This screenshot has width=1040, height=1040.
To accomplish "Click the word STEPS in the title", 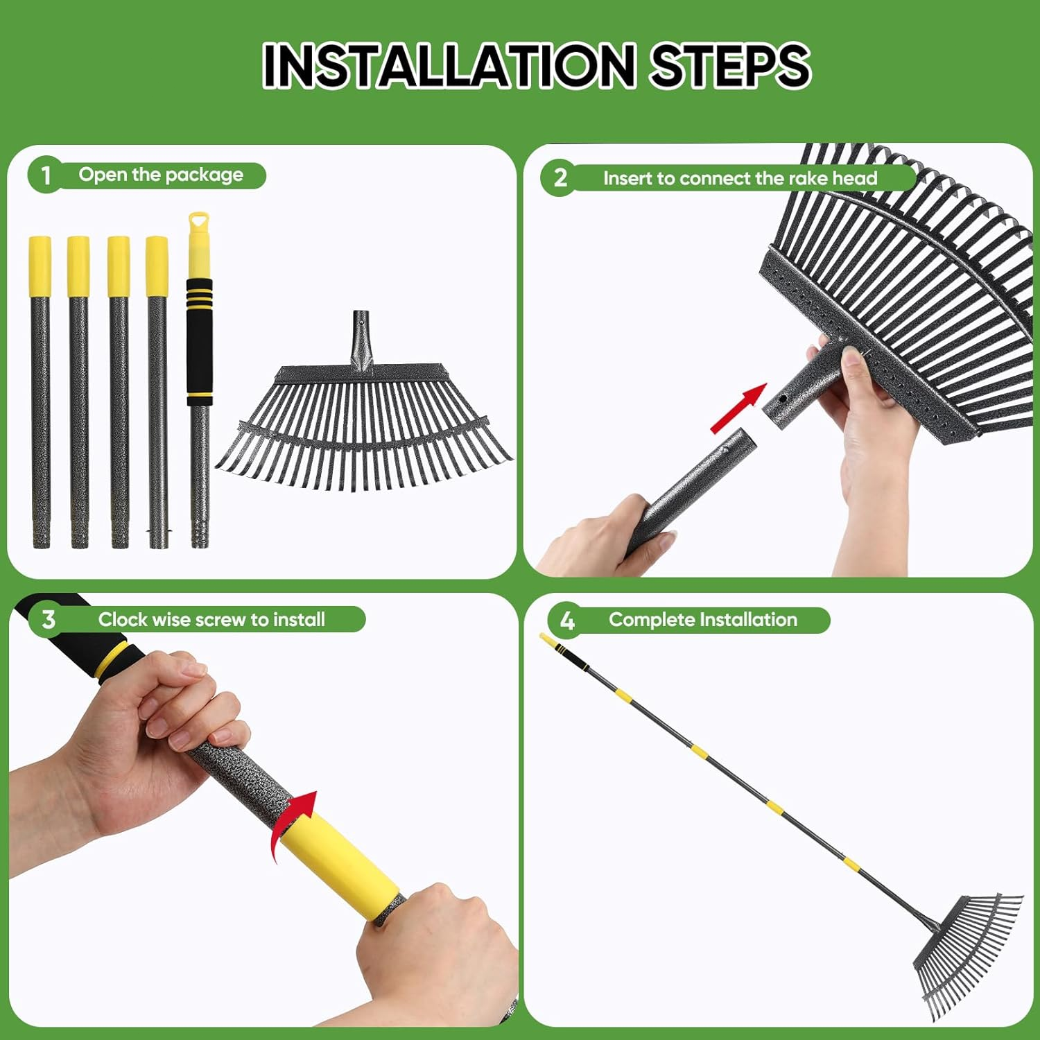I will tap(730, 65).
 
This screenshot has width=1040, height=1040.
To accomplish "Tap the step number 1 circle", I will tap(45, 175).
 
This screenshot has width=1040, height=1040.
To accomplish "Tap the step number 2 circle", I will tap(560, 178).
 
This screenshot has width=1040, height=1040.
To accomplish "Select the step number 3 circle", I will tap(47, 619).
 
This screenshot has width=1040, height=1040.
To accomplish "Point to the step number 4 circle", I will tap(566, 620).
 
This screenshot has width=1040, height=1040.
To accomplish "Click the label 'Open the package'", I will tap(161, 175).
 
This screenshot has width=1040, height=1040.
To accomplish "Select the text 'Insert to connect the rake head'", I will tap(740, 178).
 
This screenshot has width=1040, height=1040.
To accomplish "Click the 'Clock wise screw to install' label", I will tap(211, 619).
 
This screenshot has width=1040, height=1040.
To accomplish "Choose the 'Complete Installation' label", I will tap(702, 620).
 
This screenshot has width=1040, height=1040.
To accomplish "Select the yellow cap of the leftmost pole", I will tap(40, 266).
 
